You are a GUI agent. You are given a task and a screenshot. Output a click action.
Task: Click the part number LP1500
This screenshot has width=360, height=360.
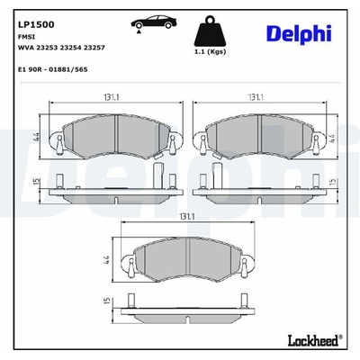(36, 24)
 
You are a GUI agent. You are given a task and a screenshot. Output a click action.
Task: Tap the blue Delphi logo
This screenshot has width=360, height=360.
(299, 34)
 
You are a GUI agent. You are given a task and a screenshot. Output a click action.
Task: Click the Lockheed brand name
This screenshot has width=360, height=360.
(315, 340)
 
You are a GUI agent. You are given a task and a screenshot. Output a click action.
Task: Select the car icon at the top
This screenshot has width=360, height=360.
(154, 22)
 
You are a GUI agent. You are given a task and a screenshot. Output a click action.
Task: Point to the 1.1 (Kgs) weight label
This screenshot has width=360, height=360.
(210, 51)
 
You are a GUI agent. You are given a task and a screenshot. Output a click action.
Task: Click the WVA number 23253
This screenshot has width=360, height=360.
(47, 48)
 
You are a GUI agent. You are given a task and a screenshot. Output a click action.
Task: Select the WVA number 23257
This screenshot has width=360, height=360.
(94, 48)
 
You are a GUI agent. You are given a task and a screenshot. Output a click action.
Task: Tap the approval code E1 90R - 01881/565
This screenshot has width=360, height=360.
(53, 69)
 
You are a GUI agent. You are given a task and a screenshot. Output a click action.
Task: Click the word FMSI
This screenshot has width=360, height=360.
(27, 37)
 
